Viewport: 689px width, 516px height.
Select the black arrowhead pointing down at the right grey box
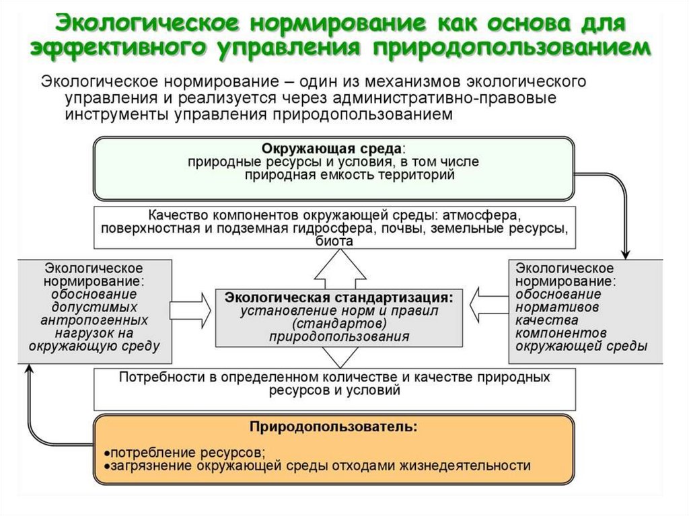tap(626, 254)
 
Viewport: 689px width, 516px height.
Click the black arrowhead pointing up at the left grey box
tap(28, 368)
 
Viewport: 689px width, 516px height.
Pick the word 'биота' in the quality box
tap(334, 242)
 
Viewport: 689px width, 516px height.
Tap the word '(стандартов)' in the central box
tap(334, 324)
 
